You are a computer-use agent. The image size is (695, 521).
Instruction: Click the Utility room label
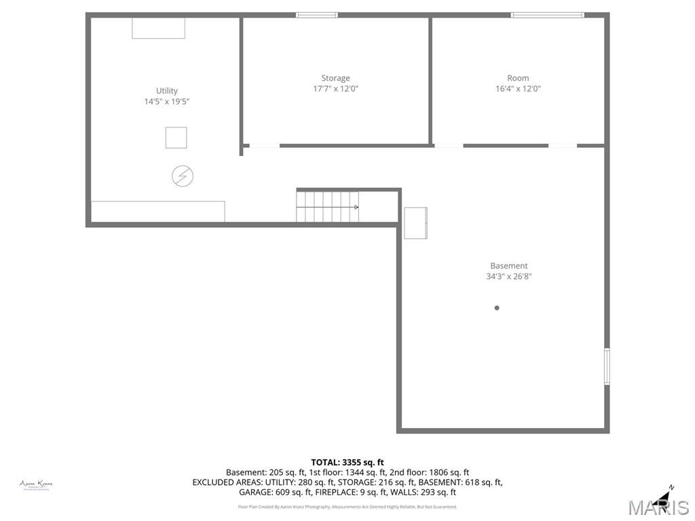(x=166, y=91)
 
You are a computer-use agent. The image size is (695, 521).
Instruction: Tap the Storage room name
(x=335, y=78)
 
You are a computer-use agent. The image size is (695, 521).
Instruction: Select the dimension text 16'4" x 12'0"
(x=518, y=88)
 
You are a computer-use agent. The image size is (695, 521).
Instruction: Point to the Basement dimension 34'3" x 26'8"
(x=508, y=276)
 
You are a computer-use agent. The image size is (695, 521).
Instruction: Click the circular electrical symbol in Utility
(x=182, y=176)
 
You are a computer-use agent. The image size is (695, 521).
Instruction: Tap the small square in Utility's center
(x=176, y=138)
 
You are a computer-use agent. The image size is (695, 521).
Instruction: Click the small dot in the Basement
(x=497, y=308)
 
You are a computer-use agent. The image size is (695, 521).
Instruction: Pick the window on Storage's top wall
(x=316, y=15)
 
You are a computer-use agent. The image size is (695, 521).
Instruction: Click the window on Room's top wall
(x=547, y=15)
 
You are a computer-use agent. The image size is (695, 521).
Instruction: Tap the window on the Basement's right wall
(x=607, y=366)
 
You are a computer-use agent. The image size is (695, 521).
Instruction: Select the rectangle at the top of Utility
(x=158, y=28)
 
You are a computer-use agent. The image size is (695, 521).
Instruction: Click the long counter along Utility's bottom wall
(x=157, y=211)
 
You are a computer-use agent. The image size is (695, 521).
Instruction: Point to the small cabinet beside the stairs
(x=415, y=223)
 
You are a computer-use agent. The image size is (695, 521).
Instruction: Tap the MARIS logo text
(x=658, y=507)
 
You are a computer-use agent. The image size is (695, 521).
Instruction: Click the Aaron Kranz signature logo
(x=36, y=484)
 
